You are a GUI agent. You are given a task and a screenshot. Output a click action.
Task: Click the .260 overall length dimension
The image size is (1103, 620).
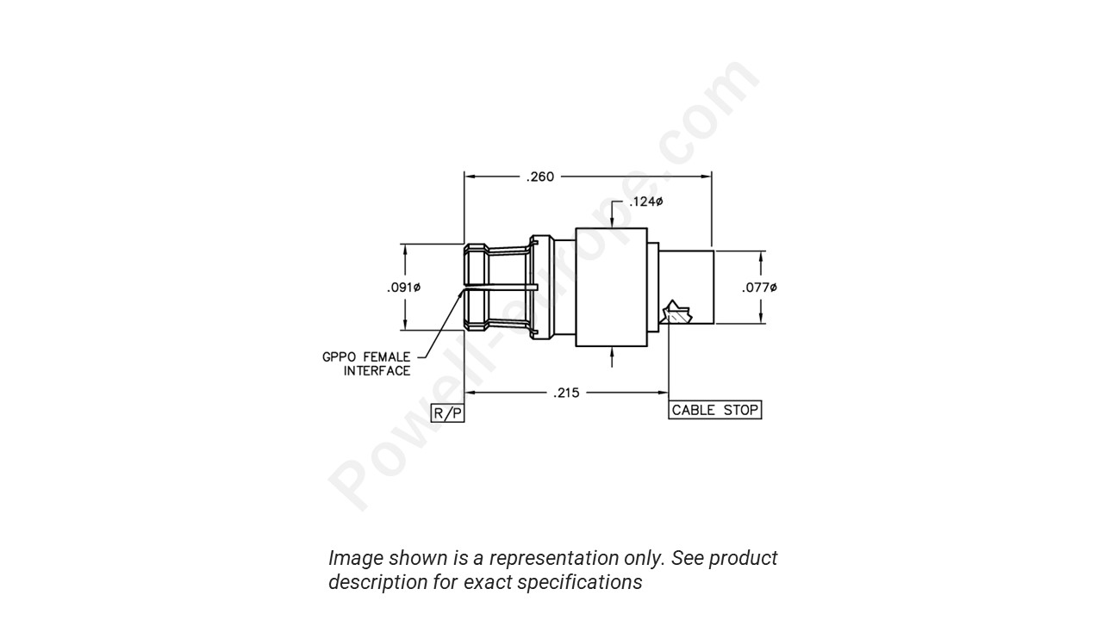point(540,177)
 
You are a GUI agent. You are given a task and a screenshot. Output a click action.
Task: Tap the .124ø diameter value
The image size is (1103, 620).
point(645,201)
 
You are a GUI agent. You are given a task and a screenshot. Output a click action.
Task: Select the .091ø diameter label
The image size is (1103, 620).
point(402,287)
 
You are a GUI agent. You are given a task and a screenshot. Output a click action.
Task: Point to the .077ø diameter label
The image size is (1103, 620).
point(759,287)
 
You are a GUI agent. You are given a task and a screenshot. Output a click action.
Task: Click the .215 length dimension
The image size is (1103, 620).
point(566,393)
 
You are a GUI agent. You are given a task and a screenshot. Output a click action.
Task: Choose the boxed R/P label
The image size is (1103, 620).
point(447,413)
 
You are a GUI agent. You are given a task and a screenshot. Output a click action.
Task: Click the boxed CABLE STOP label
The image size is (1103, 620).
point(715,410)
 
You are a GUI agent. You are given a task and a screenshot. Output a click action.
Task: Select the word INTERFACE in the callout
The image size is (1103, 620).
point(377,371)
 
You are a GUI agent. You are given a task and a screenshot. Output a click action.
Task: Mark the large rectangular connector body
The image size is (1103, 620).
point(611,287)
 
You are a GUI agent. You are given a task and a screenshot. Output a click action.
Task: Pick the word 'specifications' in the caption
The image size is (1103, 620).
point(585,582)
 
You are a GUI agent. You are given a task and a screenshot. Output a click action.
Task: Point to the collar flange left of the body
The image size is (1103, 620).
point(540,287)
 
